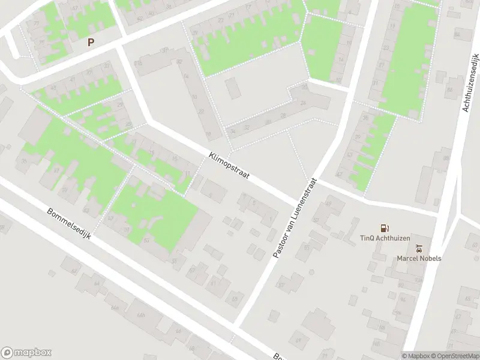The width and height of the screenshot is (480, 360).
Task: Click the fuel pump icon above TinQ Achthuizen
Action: [x=384, y=228]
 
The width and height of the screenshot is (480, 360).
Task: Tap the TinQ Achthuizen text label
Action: [x=385, y=238]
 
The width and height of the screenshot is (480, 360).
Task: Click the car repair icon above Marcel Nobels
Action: [x=419, y=248]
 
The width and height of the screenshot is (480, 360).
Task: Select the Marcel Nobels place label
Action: [x=419, y=259]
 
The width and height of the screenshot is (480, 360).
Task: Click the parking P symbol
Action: [x=91, y=42]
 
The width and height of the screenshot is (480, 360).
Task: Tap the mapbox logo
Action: [x=26, y=352]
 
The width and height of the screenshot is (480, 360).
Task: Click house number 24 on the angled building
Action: [x=304, y=103]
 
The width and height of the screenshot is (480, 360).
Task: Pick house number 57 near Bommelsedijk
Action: [x=110, y=218]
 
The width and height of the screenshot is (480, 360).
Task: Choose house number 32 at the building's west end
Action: [x=247, y=127]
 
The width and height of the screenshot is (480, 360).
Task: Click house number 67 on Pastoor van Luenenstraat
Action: [x=281, y=286]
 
